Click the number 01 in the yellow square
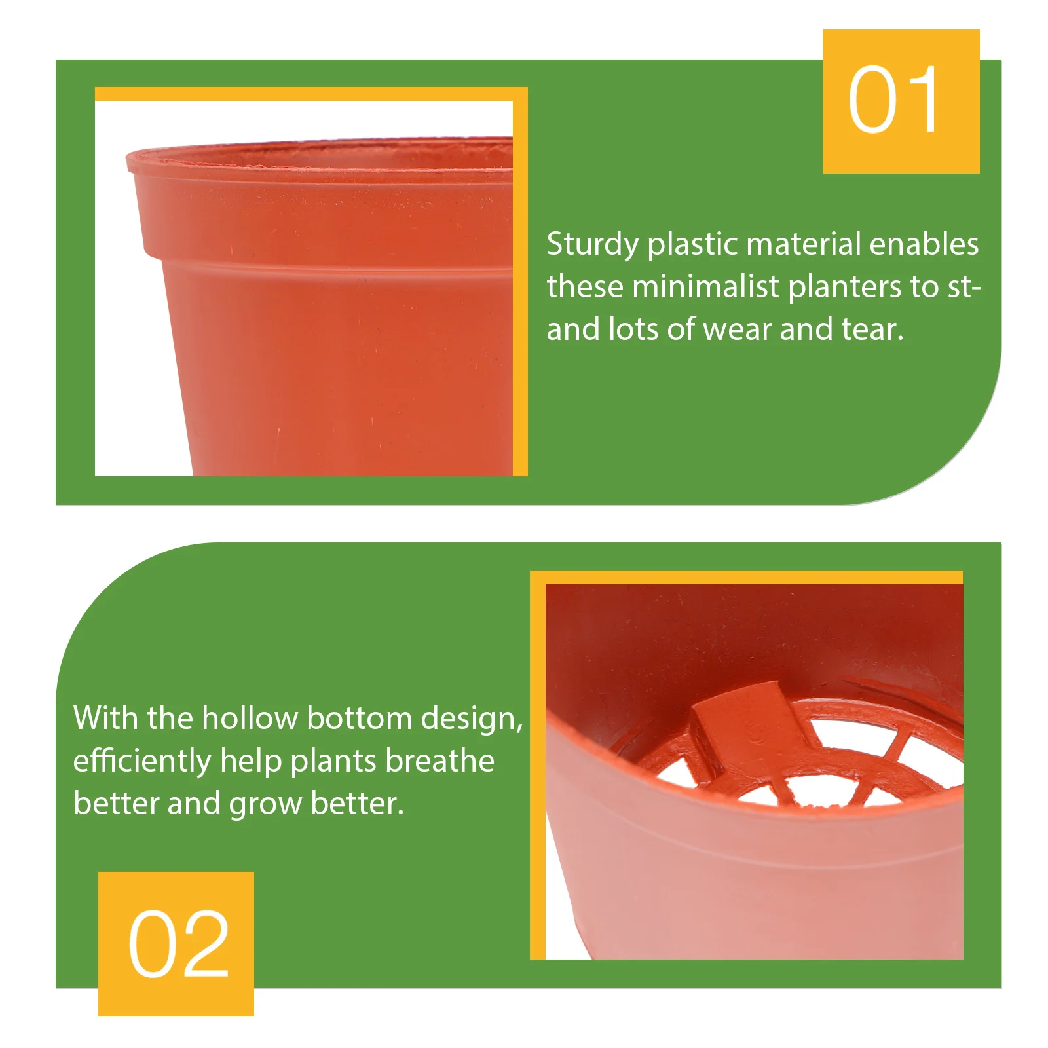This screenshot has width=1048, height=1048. click(x=893, y=100)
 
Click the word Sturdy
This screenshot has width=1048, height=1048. click(x=593, y=245)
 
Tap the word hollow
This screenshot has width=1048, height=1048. click(x=249, y=718)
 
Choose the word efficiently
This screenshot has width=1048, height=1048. click(x=141, y=761)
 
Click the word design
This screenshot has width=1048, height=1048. click(x=472, y=719)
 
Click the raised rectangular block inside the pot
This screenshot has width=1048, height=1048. click(x=747, y=720)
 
